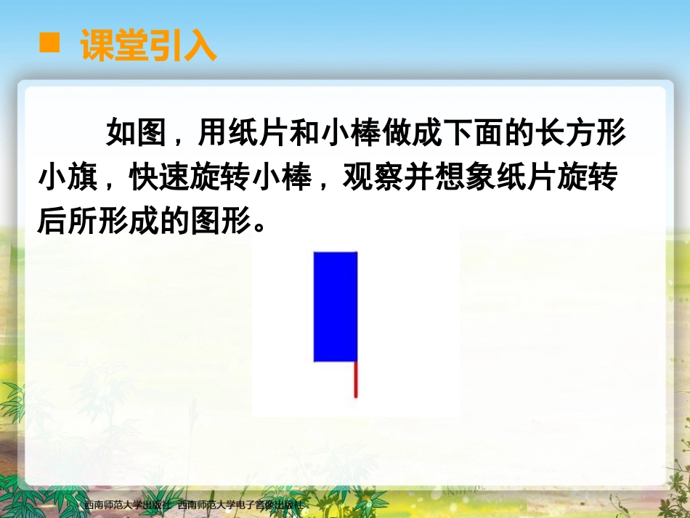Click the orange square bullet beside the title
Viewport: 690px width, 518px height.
[49, 43]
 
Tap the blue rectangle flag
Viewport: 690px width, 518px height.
[336, 306]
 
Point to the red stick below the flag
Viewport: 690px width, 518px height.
[356, 379]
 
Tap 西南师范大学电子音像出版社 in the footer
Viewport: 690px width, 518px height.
[239, 504]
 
